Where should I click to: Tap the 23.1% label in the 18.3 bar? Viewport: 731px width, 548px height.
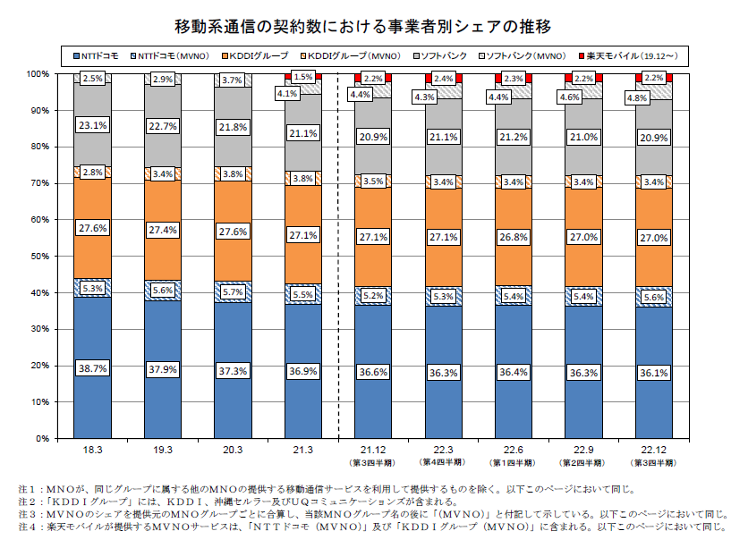[93, 126]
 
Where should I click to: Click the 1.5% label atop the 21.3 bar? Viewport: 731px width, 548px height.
[302, 78]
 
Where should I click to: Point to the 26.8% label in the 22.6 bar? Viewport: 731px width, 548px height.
[514, 238]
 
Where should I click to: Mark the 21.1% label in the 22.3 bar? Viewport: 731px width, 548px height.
[443, 137]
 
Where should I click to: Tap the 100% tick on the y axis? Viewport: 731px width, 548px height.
[38, 73]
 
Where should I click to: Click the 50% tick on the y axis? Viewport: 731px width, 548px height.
[40, 256]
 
